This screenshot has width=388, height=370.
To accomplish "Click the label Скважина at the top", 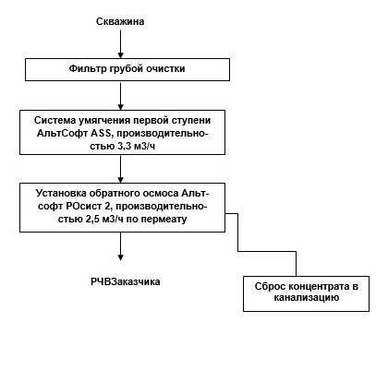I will pos(120,20).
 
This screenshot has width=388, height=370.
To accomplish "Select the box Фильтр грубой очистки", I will pos(120,69).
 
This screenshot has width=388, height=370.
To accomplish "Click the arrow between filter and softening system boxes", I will pos(120,95).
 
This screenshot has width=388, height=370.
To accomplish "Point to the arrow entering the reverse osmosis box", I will pos(120,165).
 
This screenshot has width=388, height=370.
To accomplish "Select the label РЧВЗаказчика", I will pos(119,281).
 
